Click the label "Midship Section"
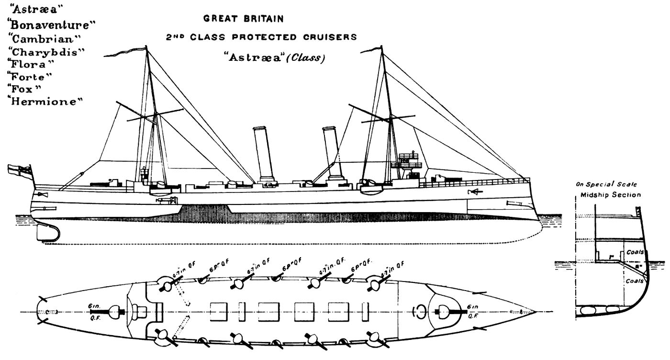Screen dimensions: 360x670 click(x=610, y=195)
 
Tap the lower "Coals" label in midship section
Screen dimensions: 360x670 click(x=635, y=281)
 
